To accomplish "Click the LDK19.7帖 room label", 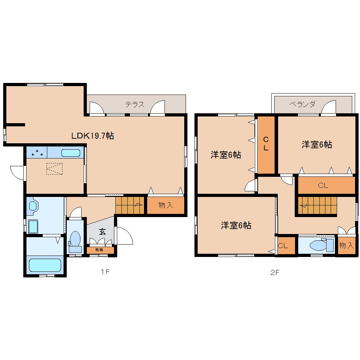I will pos(92,136).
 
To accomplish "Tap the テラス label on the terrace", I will pos(135,104).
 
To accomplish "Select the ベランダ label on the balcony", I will pos(302,104).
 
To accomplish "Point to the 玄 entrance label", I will pos(102,232).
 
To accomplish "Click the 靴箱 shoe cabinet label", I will pos(99,250).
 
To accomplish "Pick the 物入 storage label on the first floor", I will pos(166,205).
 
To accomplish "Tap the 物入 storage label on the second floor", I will pos(346,246).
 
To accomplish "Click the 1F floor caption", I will pos(105,272).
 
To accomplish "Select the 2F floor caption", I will pos(275,272).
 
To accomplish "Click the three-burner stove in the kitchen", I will pos(37,153).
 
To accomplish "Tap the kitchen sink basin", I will pos(71,153).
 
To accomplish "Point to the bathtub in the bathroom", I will pos(45,265).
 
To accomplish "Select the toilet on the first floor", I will pos(75,241).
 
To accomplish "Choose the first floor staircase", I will pos(130,205).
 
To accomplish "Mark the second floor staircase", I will pos(317,205).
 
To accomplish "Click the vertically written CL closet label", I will pos(266,144).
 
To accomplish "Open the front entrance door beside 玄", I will pos(124,236).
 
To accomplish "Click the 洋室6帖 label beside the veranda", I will pos(317,144).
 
